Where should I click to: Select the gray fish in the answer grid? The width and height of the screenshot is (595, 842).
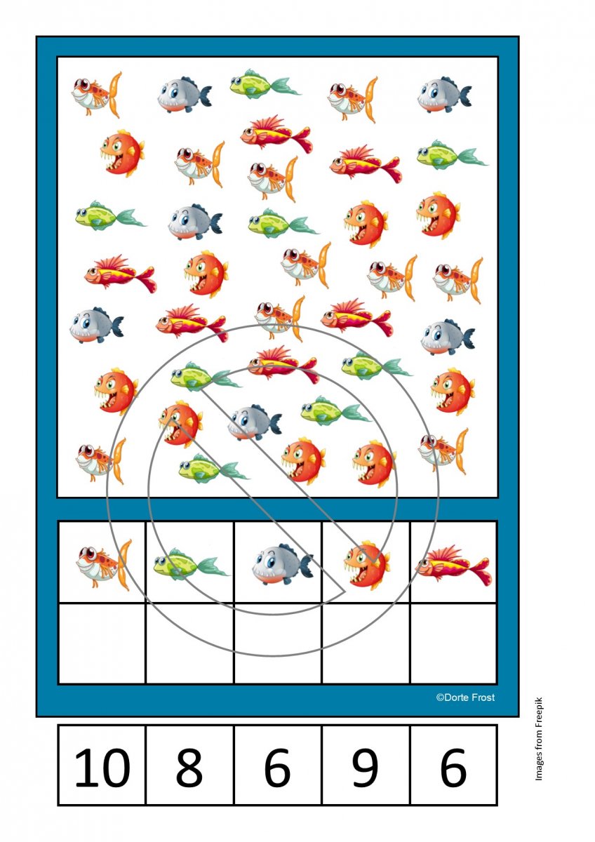[x=282, y=563]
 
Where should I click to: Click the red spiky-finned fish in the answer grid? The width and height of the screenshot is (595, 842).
[x=453, y=566]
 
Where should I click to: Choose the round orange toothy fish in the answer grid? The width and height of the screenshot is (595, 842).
[x=366, y=565]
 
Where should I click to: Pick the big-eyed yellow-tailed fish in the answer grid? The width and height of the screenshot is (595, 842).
[x=104, y=565]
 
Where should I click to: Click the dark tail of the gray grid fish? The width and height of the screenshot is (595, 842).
[x=305, y=565]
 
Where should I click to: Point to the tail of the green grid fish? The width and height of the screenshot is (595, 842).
[x=213, y=566]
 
